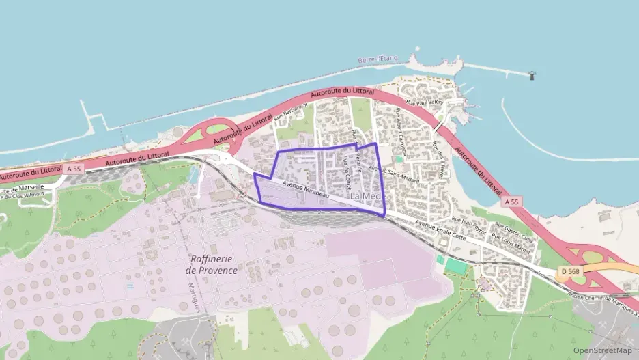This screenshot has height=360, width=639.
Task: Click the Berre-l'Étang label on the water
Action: [x=378, y=60]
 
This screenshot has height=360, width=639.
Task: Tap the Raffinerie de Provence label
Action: [x=212, y=264]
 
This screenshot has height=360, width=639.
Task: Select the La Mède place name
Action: [x=367, y=196]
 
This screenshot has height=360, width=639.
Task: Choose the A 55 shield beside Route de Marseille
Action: [x=74, y=168]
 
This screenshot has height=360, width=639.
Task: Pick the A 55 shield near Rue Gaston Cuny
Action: [x=513, y=202]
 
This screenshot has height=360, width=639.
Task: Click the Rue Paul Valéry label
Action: [x=425, y=102]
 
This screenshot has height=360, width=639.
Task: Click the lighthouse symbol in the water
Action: [x=532, y=74]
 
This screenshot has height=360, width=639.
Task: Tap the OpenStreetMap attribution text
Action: [x=602, y=350]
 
